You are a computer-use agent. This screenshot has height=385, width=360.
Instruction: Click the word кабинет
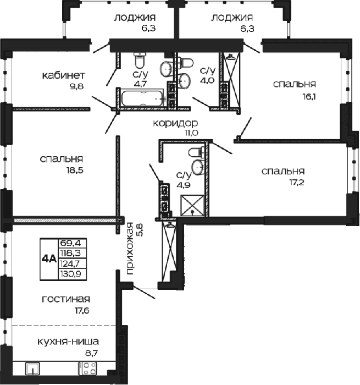[64, 75]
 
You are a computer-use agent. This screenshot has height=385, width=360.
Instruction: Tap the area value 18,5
[75, 170]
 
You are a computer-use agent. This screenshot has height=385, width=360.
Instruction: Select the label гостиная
[66, 299]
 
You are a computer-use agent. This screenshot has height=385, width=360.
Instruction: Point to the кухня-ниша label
[68, 342]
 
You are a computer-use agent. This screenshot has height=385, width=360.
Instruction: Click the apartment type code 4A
[49, 259]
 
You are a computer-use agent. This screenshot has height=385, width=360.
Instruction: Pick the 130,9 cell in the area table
[73, 274]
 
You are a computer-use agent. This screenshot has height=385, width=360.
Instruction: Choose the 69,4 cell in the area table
[73, 243]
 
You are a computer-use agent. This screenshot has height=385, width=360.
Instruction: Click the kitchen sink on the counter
[32, 369]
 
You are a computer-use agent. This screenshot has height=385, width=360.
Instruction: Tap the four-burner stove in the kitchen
[87, 369]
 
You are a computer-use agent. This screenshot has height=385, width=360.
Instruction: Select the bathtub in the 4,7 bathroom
[142, 98]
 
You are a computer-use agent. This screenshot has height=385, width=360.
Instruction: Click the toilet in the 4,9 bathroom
[197, 152]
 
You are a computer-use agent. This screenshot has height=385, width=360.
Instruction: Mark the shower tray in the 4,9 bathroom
[192, 206]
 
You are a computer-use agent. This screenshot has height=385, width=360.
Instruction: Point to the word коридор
[175, 123]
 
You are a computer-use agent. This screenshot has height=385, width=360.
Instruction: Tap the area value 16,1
[309, 96]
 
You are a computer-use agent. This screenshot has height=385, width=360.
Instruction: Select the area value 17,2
[297, 183]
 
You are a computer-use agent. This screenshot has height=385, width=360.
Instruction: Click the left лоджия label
[135, 18]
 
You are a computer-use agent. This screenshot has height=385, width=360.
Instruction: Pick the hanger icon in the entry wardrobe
[169, 224]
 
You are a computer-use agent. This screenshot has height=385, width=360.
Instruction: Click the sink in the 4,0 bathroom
[184, 80]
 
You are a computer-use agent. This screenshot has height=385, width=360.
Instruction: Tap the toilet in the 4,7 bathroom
[140, 60]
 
